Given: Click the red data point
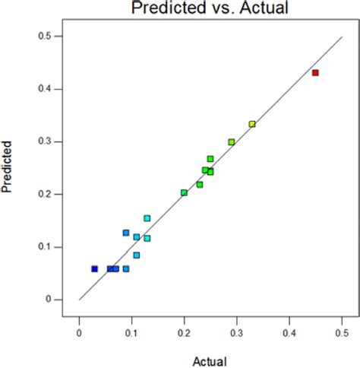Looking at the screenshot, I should point(315,73).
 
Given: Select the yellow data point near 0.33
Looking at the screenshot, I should point(252,124).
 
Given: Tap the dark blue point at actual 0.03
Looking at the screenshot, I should point(94,268).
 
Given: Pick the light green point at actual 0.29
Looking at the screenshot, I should point(231,142).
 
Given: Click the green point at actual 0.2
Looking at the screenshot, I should point(184,193).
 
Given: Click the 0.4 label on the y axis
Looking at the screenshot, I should point(47,89).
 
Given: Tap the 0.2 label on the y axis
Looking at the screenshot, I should point(47,194).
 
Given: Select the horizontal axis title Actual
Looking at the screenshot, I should point(210,361).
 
